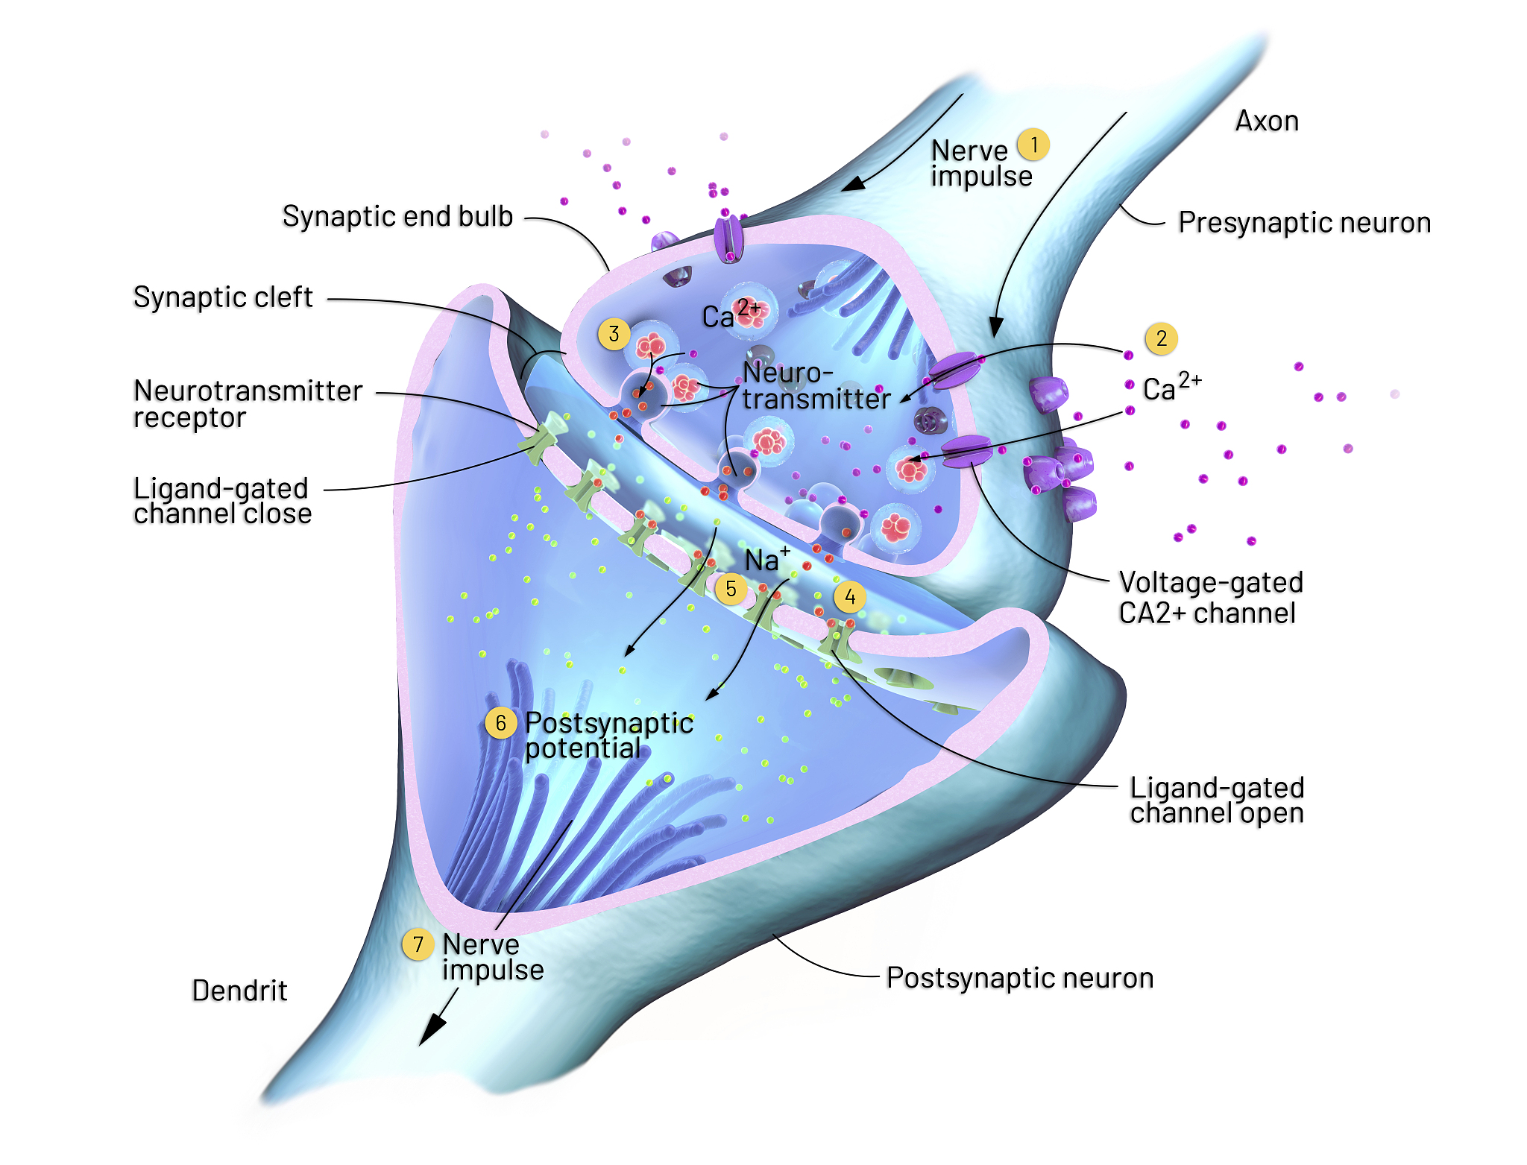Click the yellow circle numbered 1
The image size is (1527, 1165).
point(1033,145)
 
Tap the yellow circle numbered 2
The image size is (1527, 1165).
point(1162,338)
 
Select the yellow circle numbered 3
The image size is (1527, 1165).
point(614,334)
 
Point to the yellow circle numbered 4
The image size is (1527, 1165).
point(850,597)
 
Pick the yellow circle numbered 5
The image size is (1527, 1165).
point(731,589)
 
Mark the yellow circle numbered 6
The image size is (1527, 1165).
point(501,723)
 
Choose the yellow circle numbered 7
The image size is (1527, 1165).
point(418,944)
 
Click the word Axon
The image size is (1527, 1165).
point(1267,121)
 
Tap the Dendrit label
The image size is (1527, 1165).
point(239,991)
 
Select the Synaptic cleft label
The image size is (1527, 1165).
point(223,297)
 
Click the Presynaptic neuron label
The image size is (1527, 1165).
point(1304,223)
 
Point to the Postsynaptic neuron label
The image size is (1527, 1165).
point(1020,978)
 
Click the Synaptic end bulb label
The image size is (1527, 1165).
point(397,217)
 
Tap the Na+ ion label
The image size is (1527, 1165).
point(767,559)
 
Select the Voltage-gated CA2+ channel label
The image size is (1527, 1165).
point(1211,598)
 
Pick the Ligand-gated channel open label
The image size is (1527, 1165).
point(1217,801)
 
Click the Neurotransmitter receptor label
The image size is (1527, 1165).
point(248,404)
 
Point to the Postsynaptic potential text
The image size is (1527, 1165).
point(609,736)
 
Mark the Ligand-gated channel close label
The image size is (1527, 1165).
point(222,501)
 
